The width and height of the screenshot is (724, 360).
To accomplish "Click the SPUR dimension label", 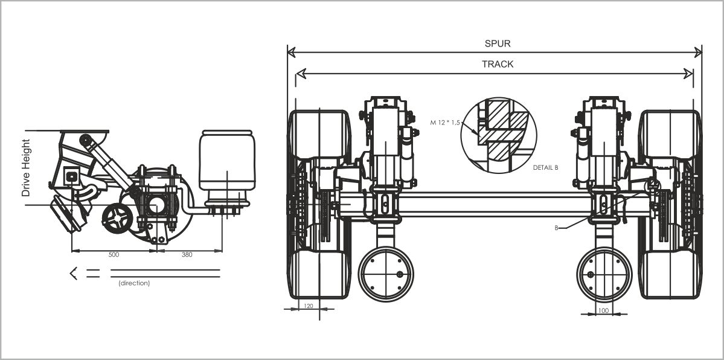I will click(x=498, y=43).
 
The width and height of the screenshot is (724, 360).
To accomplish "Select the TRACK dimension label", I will click(x=498, y=64).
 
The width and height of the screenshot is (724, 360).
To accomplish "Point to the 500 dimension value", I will click(x=114, y=255).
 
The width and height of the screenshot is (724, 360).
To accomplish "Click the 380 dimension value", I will click(x=187, y=255).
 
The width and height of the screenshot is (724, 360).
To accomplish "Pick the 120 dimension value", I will click(x=309, y=307).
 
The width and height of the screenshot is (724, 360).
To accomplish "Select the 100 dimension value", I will click(x=603, y=310).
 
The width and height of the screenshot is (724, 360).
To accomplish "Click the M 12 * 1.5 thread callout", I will click(x=445, y=123).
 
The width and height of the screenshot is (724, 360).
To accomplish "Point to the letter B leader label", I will click(x=557, y=228).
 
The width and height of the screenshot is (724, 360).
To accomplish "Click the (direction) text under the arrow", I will click(x=134, y=283).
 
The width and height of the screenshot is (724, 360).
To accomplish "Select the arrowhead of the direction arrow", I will click(x=74, y=273).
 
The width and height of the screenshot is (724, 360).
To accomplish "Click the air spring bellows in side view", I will click(x=226, y=159).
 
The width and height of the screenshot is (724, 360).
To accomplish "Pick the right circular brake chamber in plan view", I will click(x=604, y=274).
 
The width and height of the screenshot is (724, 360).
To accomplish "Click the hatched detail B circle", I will click(x=498, y=132).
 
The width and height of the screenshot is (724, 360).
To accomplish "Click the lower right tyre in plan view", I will click(x=670, y=275).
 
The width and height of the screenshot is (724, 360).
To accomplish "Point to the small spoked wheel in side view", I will click(x=116, y=218).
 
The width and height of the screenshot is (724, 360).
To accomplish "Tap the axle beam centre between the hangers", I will click(x=495, y=204).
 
